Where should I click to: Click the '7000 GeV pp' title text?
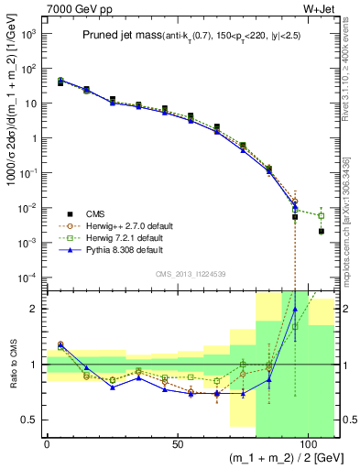point(75,8)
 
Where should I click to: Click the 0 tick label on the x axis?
point(47,444)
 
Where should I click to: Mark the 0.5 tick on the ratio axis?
point(35,420)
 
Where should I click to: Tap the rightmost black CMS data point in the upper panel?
point(322,232)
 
